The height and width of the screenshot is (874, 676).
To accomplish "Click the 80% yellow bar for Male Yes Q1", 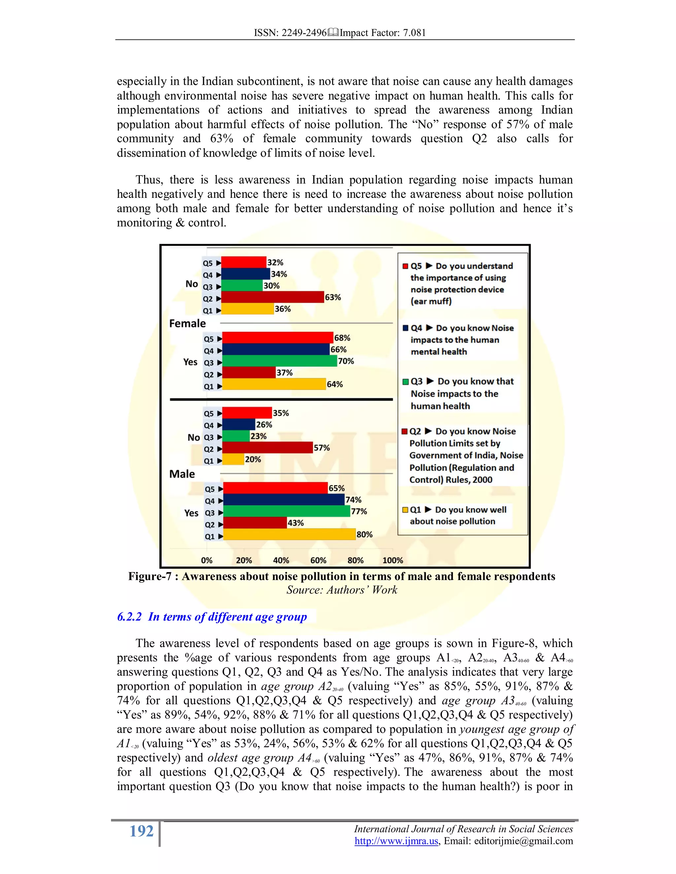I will pos(289,535).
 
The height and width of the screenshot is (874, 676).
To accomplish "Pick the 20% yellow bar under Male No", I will pos(233,459).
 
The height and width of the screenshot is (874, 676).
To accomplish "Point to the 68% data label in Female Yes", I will pos(342,338).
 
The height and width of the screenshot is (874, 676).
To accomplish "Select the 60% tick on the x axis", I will pos(319,561).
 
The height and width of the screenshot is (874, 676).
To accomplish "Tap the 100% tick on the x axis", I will pos(392,561).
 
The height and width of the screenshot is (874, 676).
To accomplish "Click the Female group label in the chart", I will pos(187,323).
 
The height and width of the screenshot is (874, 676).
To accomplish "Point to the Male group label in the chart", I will pos(182,474).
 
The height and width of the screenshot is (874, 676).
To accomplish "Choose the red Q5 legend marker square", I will pos(405,266).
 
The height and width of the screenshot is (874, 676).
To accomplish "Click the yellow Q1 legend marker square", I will pos(405,510).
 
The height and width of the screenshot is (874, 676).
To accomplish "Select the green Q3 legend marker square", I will pos(405,382).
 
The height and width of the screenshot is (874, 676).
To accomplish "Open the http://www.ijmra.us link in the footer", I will pos(396,841).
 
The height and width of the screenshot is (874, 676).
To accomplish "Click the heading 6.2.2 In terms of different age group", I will pos(212,617).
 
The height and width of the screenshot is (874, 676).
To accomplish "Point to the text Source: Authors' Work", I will pos(342,590).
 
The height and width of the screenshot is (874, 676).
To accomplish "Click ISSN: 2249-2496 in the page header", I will pos(290,33).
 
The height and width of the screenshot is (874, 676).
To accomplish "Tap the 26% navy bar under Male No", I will pos(239,424).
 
